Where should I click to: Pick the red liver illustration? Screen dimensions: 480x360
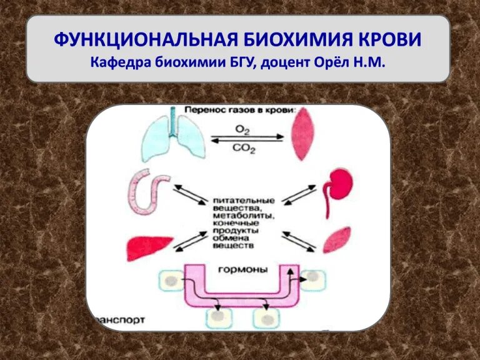(x=149, y=248)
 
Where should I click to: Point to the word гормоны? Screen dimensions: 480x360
(x=242, y=270)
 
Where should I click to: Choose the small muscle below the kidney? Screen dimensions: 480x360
(x=337, y=240)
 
